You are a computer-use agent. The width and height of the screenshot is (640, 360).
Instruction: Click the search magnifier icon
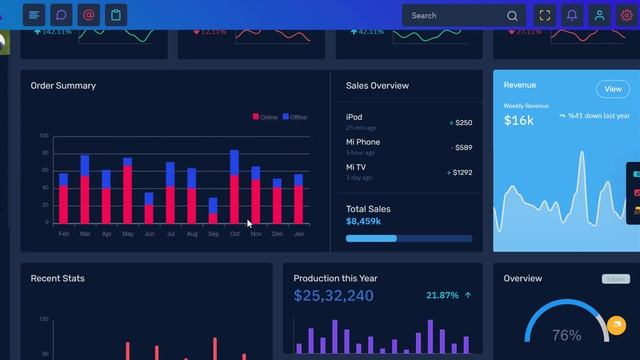click(x=513, y=16)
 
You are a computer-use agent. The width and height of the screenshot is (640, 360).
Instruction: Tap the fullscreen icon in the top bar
click(x=545, y=16)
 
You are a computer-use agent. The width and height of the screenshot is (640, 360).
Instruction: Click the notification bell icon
click(x=572, y=16)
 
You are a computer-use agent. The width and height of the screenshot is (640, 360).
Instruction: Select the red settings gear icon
click(x=627, y=16)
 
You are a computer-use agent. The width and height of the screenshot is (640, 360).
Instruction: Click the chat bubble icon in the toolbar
click(x=61, y=15)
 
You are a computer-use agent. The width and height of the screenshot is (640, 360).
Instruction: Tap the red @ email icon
click(x=88, y=15)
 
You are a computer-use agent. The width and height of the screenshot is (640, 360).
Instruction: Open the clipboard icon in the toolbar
click(x=116, y=15)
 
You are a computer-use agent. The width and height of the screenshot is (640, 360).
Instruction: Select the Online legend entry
click(x=266, y=117)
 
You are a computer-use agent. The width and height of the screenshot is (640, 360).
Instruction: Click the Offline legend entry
click(x=295, y=117)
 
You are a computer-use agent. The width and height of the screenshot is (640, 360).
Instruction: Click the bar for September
click(x=213, y=211)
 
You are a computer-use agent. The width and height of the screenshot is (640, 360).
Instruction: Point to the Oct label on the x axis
click(x=235, y=234)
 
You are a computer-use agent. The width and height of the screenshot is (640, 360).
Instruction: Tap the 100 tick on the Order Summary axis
click(x=44, y=135)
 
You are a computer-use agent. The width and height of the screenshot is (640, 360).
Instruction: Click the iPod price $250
click(x=463, y=123)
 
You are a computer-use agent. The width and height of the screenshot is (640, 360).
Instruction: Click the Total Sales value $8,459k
click(x=363, y=221)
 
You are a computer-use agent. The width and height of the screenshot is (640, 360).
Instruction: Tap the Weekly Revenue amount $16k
click(x=518, y=121)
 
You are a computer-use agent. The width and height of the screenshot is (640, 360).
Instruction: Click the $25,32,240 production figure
click(x=334, y=296)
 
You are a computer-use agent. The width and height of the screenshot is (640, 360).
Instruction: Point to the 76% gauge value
click(x=566, y=335)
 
